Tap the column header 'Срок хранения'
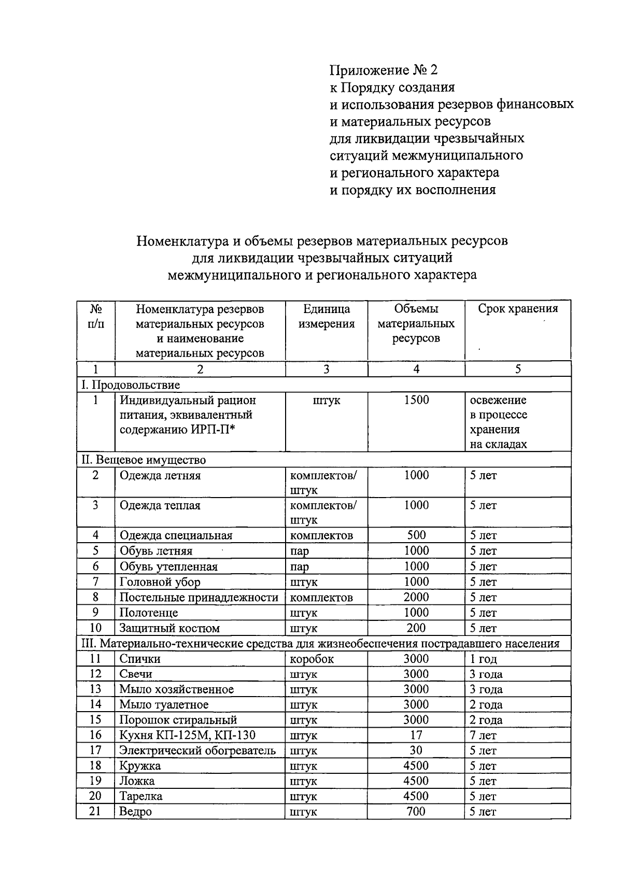coord(518,309)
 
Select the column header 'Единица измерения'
coord(327,317)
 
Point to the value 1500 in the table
coord(416,400)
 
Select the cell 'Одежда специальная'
coord(176,535)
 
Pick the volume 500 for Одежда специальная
coord(416,535)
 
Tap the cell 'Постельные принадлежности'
coord(199,597)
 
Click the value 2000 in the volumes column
coord(416,597)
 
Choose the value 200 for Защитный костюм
coord(416,628)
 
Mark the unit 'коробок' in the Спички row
coord(312,659)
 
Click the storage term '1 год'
coord(483,659)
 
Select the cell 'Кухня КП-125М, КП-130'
coord(187,735)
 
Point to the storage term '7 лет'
coord(483,735)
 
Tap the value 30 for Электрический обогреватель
coord(416,750)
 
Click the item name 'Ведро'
coord(135,811)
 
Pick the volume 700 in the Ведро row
coord(416,811)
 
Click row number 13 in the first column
coord(95,689)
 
